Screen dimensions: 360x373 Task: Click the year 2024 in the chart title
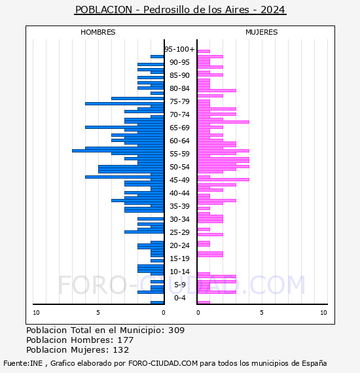pyautogui.click(x=273, y=10)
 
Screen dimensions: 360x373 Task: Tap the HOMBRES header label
pyautogui.click(x=98, y=32)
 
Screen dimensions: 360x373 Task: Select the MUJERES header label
pyautogui.click(x=262, y=32)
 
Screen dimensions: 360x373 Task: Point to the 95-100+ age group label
pyautogui.click(x=179, y=49)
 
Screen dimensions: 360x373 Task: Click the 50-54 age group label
pyautogui.click(x=179, y=167)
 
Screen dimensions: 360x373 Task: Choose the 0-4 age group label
pyautogui.click(x=179, y=298)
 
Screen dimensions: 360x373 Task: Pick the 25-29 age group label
pyautogui.click(x=179, y=232)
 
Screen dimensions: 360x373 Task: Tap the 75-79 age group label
pyautogui.click(x=179, y=101)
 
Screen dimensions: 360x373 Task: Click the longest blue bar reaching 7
pyautogui.click(x=118, y=151)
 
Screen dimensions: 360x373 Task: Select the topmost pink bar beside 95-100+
pyautogui.click(x=204, y=52)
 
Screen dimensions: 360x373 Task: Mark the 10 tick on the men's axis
pyautogui.click(x=36, y=313)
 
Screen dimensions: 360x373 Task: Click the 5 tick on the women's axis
pyautogui.click(x=262, y=313)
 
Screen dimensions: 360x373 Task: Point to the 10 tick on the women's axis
pyautogui.click(x=323, y=313)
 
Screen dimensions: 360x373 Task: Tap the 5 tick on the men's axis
pyautogui.click(x=98, y=313)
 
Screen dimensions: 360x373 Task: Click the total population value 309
pyautogui.click(x=176, y=330)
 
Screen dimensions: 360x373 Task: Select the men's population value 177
pyautogui.click(x=126, y=340)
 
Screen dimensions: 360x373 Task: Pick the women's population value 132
pyautogui.click(x=121, y=350)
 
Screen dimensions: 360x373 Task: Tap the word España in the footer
pyautogui.click(x=314, y=363)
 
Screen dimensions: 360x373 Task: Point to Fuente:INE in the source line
pyautogui.click(x=23, y=363)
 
